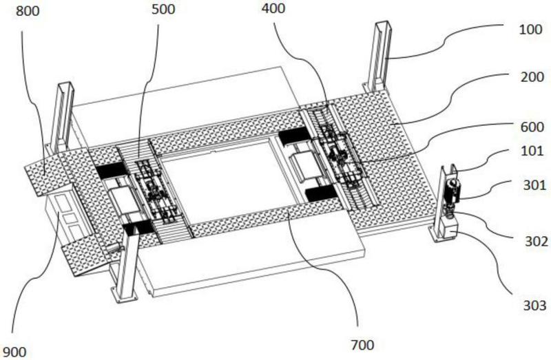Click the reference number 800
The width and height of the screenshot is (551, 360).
point(28,11)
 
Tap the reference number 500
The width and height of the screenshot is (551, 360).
point(163,10)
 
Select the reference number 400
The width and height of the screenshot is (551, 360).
point(273,8)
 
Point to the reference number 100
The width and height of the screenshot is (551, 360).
point(530,30)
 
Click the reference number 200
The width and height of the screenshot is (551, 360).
point(532,77)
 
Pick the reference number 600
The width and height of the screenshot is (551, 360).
point(532,127)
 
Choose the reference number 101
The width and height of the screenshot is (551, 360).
point(532,151)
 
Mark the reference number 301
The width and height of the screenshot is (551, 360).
point(534,185)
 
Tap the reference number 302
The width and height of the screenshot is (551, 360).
point(537,242)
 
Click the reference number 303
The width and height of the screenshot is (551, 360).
point(535,306)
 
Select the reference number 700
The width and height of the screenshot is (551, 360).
point(362,346)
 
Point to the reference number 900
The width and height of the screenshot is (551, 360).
point(14,352)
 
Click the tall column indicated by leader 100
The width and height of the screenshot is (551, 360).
point(377,56)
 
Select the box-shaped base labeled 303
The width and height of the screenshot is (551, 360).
point(449,228)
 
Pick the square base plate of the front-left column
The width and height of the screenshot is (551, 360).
point(123,293)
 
